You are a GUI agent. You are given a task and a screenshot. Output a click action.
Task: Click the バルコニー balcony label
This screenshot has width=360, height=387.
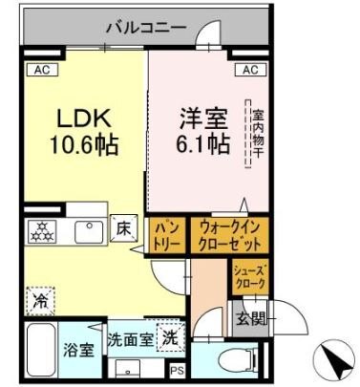pos(146,26)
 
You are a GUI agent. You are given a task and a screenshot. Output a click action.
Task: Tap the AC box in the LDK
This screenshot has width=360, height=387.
pos(42,69)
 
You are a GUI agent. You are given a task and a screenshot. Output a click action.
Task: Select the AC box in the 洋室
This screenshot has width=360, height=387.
pos(250,70)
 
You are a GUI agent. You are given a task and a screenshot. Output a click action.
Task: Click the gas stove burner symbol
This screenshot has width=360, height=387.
pos(42,231)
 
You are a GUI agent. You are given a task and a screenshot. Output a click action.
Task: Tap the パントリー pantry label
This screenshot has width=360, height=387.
pos(168,235)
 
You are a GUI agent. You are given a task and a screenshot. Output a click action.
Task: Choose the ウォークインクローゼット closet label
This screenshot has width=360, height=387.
pos(230,234)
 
